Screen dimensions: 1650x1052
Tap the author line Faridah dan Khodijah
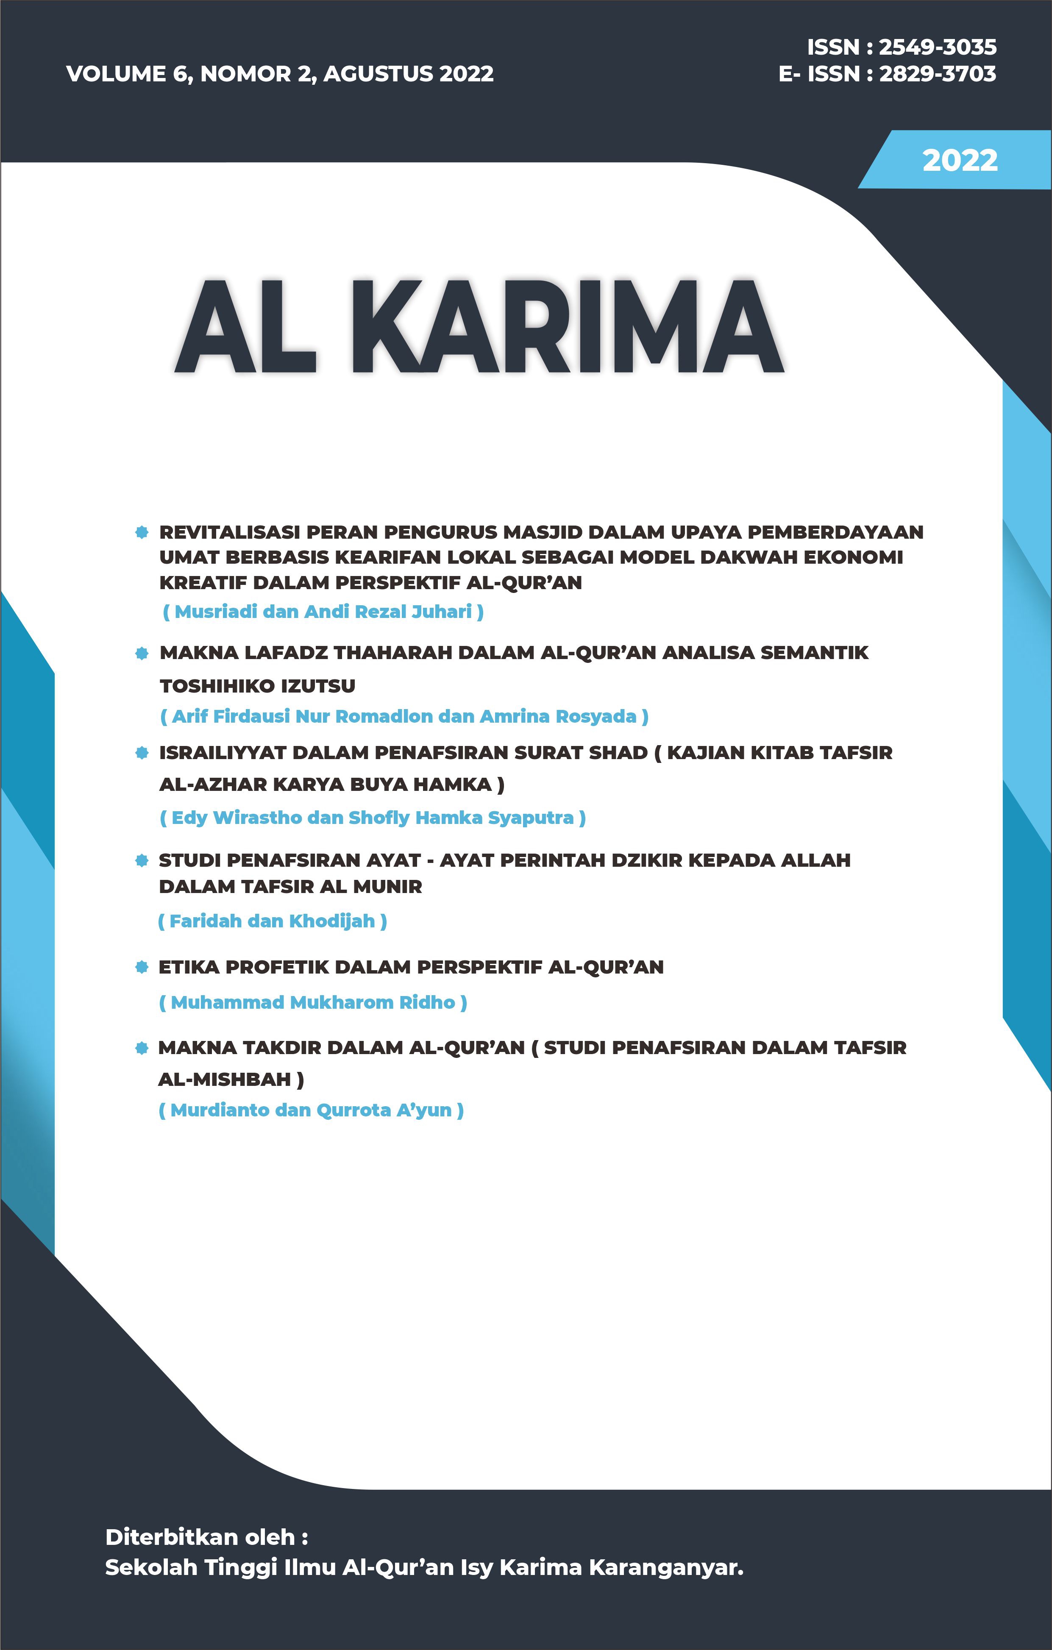click(x=272, y=921)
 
